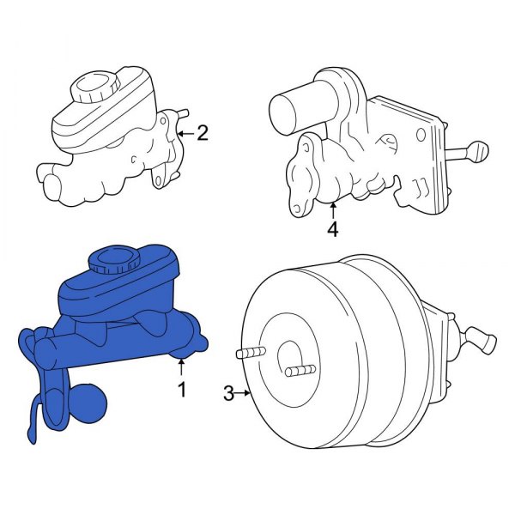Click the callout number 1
(181, 391)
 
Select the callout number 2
(203, 132)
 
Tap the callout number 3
(228, 393)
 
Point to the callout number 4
(333, 229)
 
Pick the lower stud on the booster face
(298, 371)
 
